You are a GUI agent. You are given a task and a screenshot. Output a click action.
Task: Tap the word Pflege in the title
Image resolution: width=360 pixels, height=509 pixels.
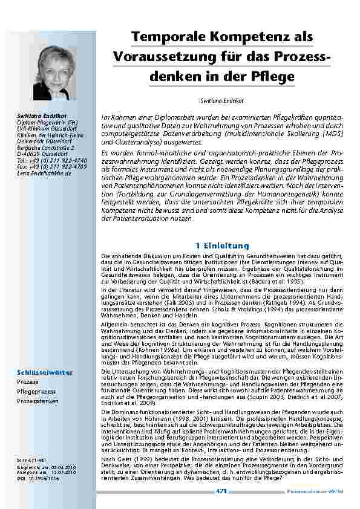tap(272, 76)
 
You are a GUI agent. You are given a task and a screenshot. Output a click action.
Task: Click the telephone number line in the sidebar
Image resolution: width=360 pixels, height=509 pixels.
tap(51, 160)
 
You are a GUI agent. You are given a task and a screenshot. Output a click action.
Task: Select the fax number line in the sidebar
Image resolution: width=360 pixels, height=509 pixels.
tap(51, 166)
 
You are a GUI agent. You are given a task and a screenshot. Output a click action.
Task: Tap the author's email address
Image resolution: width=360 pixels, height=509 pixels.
tap(44, 173)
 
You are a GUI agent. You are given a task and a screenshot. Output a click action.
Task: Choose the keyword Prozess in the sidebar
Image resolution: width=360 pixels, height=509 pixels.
tap(28, 383)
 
